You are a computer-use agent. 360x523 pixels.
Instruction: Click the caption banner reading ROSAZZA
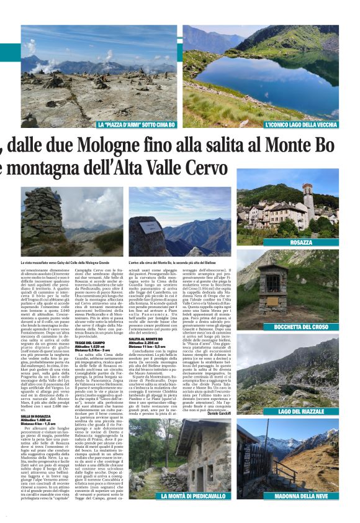pos(300,242)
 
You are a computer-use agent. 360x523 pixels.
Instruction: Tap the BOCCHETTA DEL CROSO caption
pos(300,327)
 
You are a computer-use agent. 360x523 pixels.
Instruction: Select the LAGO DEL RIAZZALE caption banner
pos(300,411)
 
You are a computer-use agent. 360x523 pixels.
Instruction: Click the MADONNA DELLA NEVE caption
pos(300,496)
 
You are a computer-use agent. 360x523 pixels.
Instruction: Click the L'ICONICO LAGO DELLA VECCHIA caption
pos(300,125)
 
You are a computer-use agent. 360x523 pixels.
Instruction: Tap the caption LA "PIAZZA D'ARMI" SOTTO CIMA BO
pos(136,125)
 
